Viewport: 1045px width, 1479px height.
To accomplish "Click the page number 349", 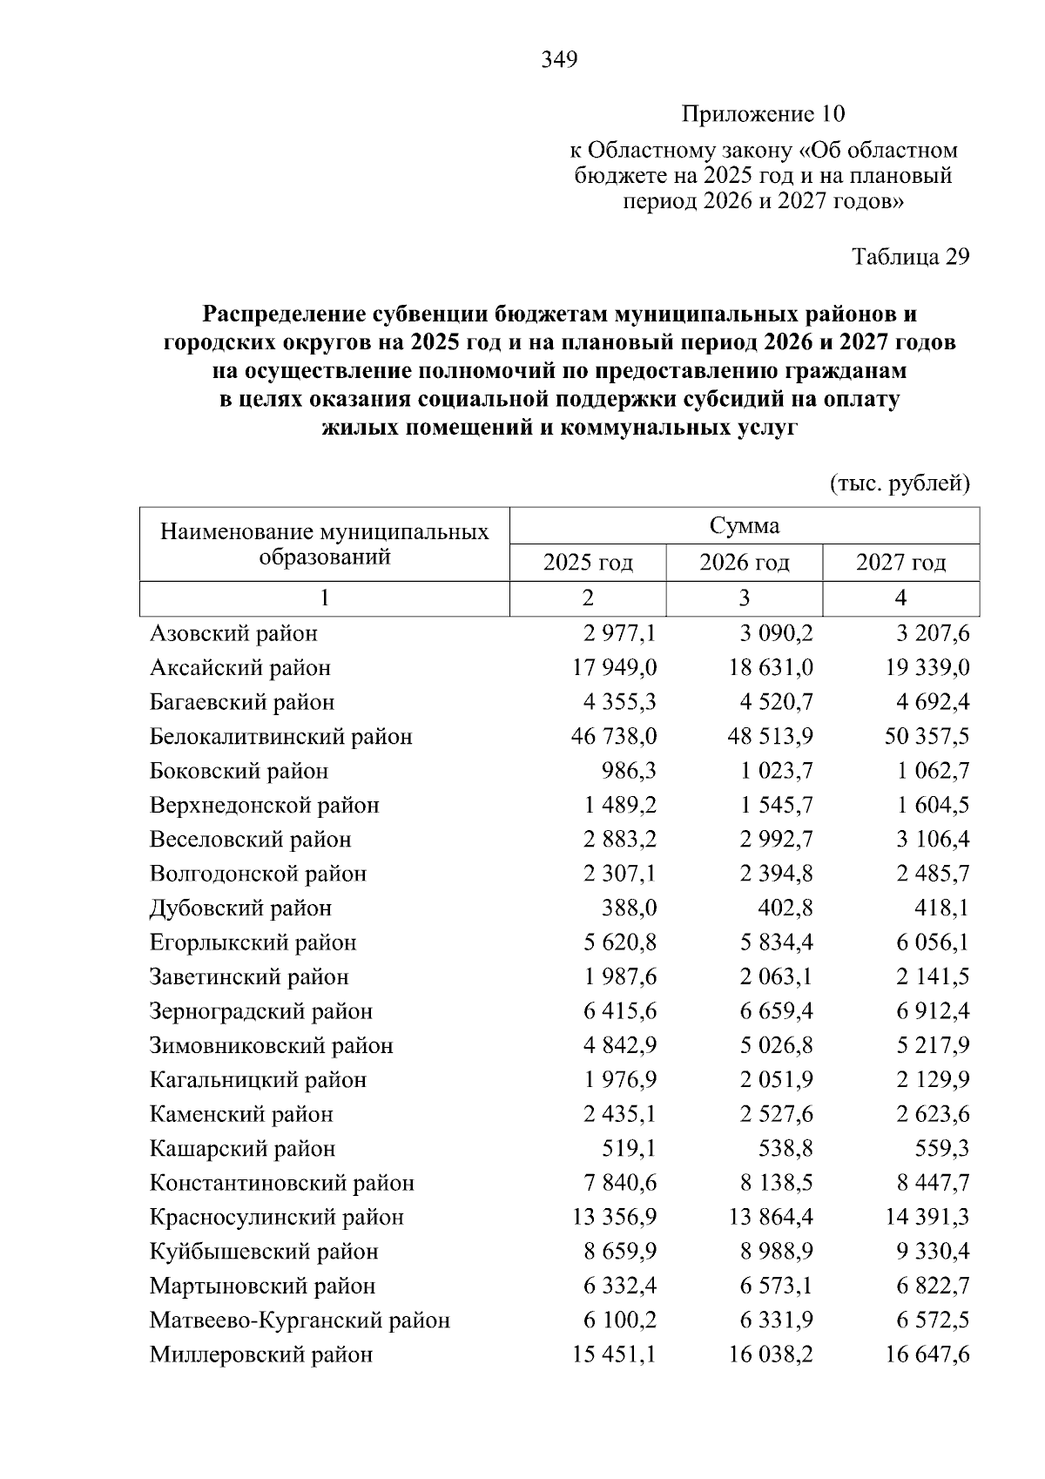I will pyautogui.click(x=559, y=60).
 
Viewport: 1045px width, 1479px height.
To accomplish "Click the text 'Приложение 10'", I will pyautogui.click(x=763, y=114).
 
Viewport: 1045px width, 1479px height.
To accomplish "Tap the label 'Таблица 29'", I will pyautogui.click(x=910, y=257).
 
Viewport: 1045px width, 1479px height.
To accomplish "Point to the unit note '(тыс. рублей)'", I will pyautogui.click(x=900, y=483).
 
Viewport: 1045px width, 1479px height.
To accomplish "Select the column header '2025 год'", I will pyautogui.click(x=588, y=563).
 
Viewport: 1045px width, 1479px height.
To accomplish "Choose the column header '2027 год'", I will pyautogui.click(x=900, y=563).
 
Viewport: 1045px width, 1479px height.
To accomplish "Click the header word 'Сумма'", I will pyautogui.click(x=744, y=526).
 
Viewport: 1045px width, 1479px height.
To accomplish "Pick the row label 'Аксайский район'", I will pyautogui.click(x=240, y=668).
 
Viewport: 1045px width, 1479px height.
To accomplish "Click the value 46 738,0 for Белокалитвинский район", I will pyautogui.click(x=614, y=737).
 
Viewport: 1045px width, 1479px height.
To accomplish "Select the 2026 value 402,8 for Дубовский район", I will pyautogui.click(x=784, y=908).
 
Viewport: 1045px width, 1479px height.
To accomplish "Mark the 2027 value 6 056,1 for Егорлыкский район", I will pyautogui.click(x=933, y=942).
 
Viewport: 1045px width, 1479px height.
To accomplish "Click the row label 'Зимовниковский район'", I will pyautogui.click(x=272, y=1045).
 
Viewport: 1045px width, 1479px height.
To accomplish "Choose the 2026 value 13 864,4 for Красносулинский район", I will pyautogui.click(x=771, y=1218).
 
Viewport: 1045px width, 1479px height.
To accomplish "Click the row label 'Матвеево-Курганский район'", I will pyautogui.click(x=300, y=1320).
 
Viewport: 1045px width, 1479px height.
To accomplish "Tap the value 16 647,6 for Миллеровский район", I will pyautogui.click(x=927, y=1355).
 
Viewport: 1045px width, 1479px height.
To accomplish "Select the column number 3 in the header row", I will pyautogui.click(x=744, y=598).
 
